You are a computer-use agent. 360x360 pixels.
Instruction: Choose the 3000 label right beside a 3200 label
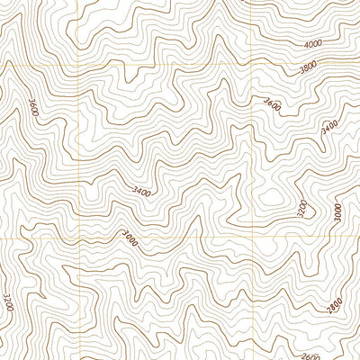click(x=337, y=212)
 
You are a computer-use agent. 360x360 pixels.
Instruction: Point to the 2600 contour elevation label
click(x=309, y=354)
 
